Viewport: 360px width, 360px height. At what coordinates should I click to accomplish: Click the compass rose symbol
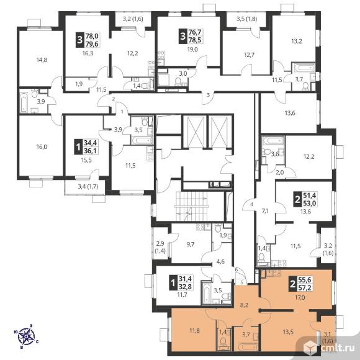(27, 336)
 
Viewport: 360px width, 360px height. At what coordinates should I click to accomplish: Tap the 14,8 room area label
(42, 60)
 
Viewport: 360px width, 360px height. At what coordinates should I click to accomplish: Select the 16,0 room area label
(42, 146)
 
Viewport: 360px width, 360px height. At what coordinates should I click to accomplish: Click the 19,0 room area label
(192, 49)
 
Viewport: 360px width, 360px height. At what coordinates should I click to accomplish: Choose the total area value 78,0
(92, 36)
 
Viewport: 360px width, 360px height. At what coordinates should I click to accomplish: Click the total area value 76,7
(195, 32)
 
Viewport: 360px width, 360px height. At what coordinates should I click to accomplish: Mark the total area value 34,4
(91, 143)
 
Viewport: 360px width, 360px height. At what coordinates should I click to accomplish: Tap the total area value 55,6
(305, 280)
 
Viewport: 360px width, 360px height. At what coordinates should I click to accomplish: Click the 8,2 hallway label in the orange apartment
(245, 305)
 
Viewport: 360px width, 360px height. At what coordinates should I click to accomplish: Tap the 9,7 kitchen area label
(191, 245)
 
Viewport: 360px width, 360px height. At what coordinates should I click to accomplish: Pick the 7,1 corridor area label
(265, 211)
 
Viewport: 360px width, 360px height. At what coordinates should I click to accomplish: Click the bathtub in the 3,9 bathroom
(24, 102)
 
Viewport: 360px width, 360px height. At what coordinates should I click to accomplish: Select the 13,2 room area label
(297, 42)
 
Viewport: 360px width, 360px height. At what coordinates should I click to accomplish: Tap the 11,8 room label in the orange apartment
(194, 331)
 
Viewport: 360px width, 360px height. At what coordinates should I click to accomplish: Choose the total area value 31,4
(185, 279)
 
